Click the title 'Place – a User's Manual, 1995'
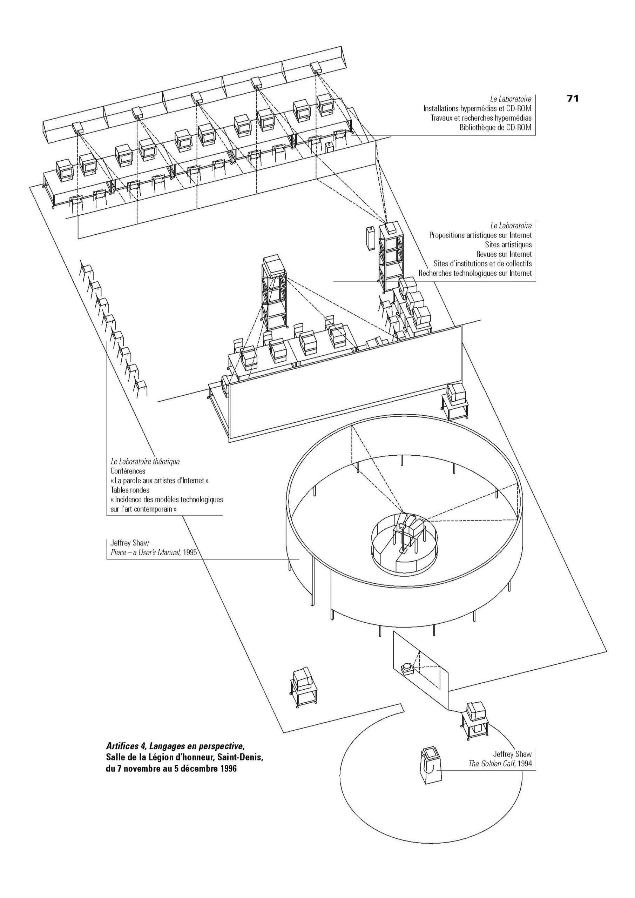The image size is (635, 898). click(153, 552)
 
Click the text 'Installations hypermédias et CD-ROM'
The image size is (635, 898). click(478, 108)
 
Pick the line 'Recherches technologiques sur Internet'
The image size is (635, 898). click(475, 273)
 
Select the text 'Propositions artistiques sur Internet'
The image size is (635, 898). click(481, 235)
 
